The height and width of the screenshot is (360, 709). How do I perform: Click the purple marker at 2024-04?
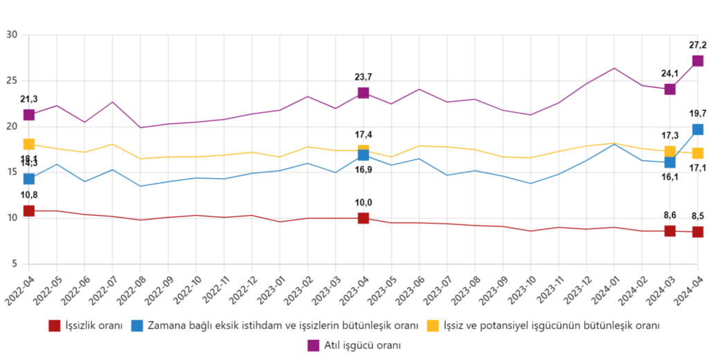pos(698,61)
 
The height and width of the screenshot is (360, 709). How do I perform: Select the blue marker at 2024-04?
pos(698,129)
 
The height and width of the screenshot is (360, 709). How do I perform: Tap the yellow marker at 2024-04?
pos(698,153)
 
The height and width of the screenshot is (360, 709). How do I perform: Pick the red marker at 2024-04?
pos(698,232)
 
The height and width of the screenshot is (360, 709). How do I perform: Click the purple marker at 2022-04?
pos(29,114)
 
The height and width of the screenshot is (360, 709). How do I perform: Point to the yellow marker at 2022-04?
pos(29,144)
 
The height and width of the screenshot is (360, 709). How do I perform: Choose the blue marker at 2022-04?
pos(29,179)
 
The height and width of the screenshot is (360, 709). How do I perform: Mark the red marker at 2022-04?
pos(29,210)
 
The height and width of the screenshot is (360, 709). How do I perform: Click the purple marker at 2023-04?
pos(364,93)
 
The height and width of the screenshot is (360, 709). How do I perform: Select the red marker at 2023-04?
pos(364,219)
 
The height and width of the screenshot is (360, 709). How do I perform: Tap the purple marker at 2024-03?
pos(670,89)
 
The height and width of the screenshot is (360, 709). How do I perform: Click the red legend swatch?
pos(55,325)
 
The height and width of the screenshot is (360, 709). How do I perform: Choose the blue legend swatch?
pos(137,325)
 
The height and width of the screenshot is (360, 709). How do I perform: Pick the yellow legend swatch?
pos(433,325)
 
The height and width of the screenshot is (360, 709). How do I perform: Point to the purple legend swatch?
pos(313,345)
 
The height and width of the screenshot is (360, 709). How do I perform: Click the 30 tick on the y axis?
pos(12,34)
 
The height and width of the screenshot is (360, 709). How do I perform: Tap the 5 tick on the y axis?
pos(14,263)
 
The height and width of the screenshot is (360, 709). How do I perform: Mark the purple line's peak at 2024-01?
pos(614,68)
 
